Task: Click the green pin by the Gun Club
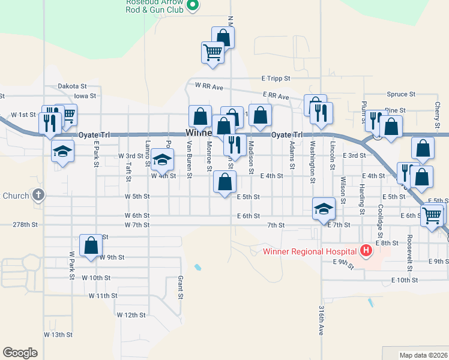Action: pos(193,6)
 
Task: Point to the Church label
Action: pos(16,196)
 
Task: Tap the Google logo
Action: pos(20,353)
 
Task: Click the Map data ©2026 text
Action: pos(423,355)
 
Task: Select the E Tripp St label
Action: pos(276,79)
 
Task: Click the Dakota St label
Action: pos(73,86)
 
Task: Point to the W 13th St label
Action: pos(58,334)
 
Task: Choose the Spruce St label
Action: pos(401,94)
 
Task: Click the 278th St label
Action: pos(25,224)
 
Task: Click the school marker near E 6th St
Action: pos(324,209)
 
